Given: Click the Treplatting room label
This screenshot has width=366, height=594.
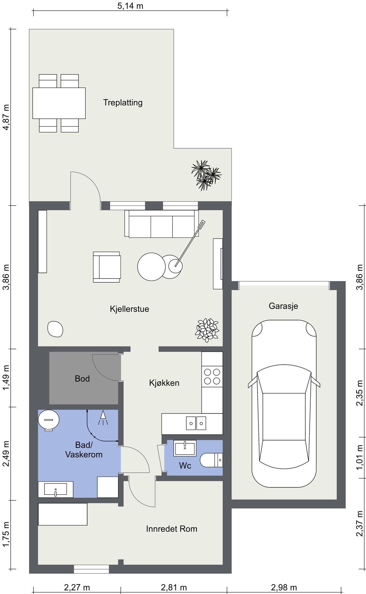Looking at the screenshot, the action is click(123, 102).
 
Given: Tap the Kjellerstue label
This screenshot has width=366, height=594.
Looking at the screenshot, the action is click(129, 309).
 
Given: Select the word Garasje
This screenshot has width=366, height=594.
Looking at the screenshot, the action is click(283, 306).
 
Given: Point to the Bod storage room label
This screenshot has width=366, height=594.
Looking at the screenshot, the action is click(82, 379).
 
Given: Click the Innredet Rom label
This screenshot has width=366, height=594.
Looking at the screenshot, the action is click(171, 529).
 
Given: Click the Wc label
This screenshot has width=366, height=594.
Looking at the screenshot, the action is click(185, 465).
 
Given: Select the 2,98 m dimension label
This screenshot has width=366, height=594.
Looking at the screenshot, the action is click(284, 587).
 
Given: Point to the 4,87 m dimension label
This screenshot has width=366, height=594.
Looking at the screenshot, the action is click(6, 117).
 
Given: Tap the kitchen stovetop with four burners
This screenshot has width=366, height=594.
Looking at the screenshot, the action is click(212, 377).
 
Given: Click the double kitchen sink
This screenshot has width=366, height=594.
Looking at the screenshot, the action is click(196, 423).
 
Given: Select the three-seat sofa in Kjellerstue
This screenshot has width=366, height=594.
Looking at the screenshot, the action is click(162, 224).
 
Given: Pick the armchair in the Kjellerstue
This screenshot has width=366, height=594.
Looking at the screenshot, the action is click(107, 267).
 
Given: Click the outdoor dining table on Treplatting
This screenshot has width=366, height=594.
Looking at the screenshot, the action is click(59, 103).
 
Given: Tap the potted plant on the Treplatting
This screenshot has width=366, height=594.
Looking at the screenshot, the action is click(206, 175).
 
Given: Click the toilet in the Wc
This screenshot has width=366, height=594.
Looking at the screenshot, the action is click(211, 460).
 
